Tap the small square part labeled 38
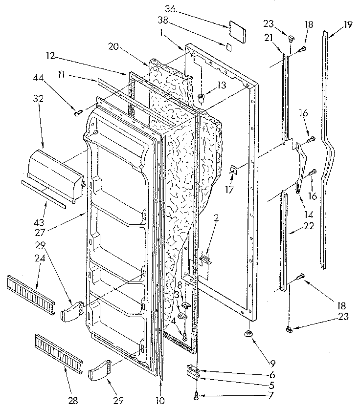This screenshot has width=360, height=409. pyautogui.click(x=228, y=46)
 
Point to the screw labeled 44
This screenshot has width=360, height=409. pyautogui.click(x=77, y=113)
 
